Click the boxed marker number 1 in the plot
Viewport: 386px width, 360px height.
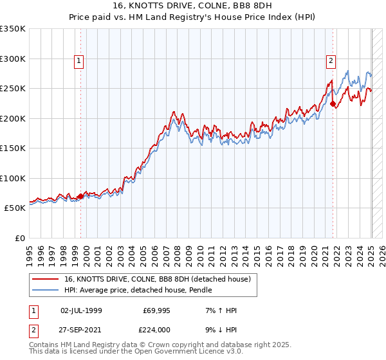[x=78, y=62]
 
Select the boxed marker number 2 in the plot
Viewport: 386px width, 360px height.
[x=331, y=62]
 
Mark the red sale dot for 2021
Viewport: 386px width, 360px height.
[x=333, y=104]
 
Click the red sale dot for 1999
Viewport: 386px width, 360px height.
[x=80, y=196]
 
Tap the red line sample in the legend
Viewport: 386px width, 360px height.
[x=46, y=278]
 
